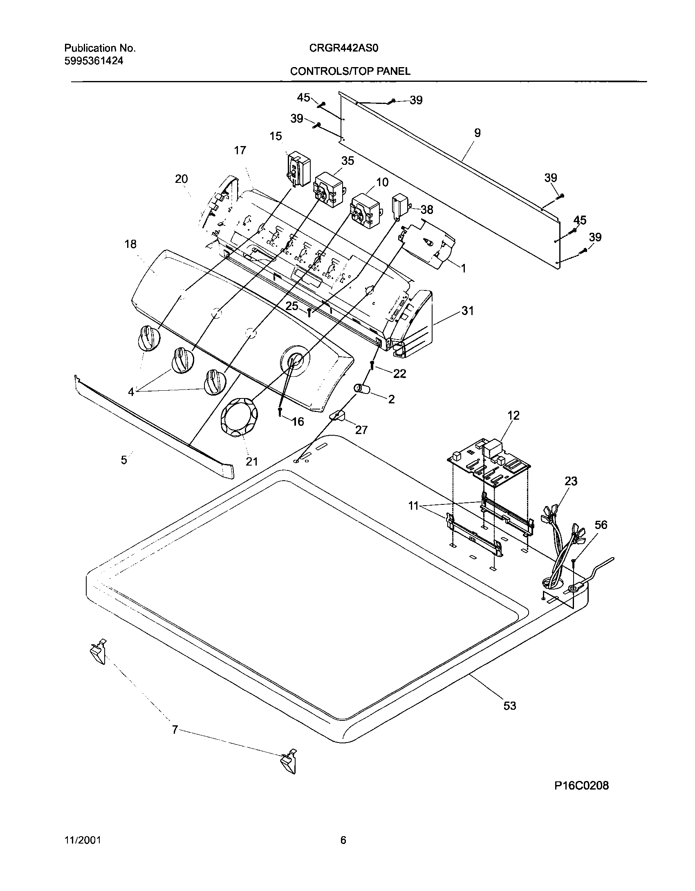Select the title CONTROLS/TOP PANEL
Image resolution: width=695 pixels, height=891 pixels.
click(x=350, y=71)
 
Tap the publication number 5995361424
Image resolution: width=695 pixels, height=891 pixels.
click(x=94, y=61)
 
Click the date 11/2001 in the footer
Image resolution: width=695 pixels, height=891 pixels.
click(x=83, y=840)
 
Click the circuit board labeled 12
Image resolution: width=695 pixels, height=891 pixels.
click(x=489, y=461)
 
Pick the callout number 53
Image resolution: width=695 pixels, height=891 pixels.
click(x=510, y=706)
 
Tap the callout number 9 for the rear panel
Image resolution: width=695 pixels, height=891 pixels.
click(x=477, y=133)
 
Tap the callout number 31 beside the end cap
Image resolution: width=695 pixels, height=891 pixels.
click(x=467, y=311)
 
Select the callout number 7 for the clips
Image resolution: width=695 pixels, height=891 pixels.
click(x=175, y=729)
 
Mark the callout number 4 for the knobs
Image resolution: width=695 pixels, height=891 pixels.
click(x=131, y=392)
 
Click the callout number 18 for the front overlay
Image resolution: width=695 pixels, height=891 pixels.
click(x=130, y=244)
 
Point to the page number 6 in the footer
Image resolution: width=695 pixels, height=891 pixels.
click(x=343, y=840)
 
